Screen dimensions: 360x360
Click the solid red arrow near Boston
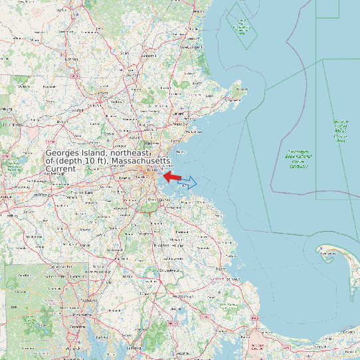171,177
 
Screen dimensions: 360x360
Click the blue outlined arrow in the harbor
188,181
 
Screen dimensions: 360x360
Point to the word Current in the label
60,169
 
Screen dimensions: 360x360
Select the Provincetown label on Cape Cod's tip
327,253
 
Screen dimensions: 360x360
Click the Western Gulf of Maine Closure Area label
341,130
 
